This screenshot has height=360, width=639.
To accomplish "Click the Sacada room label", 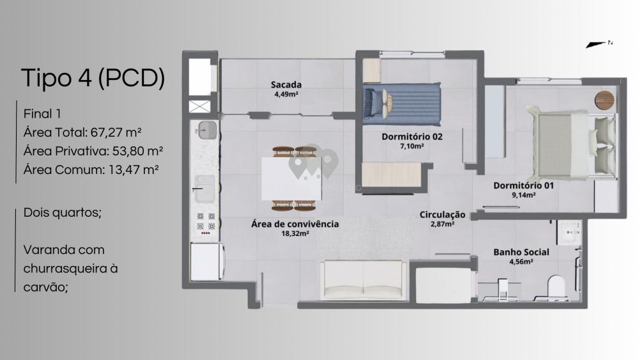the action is click(286, 85).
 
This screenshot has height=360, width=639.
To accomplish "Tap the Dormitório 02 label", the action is click(412, 137).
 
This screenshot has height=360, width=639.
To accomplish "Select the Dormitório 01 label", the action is click(524, 185).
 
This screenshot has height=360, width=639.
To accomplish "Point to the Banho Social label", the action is click(521, 253).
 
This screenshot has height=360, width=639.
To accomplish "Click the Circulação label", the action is click(443, 215).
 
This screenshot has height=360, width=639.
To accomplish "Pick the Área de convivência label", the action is click(295, 224).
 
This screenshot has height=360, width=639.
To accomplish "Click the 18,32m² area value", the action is click(295, 233).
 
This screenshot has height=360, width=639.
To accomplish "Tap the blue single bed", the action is click(402, 104).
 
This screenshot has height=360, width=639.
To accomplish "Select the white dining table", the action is click(291, 178).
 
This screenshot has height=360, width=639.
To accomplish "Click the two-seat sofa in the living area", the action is click(363, 281).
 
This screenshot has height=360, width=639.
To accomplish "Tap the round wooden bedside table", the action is click(604, 100).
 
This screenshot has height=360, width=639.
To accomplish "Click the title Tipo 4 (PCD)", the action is click(93, 78).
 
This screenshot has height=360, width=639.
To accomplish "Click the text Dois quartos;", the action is click(63, 213).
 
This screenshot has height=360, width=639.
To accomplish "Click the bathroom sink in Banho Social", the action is click(570, 232).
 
